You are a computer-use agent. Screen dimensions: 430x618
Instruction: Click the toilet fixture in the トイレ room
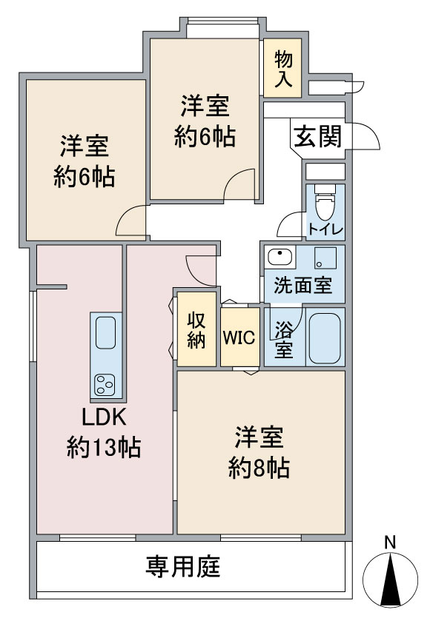click(x=325, y=202)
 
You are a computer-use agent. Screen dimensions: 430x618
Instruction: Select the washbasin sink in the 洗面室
click(x=280, y=257)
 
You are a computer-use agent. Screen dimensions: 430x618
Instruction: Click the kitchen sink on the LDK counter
click(x=105, y=332)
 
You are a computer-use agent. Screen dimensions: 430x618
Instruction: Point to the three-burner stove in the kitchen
click(x=105, y=385)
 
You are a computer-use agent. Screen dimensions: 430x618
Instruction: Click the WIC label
click(x=239, y=337)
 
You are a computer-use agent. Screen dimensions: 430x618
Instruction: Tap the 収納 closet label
click(x=196, y=330)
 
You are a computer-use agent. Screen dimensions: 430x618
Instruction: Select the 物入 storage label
click(x=283, y=69)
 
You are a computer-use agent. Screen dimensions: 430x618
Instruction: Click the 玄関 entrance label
click(x=317, y=136)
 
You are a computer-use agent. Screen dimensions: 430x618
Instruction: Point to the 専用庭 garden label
click(x=183, y=566)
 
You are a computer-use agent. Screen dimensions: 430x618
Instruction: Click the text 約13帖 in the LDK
click(x=104, y=447)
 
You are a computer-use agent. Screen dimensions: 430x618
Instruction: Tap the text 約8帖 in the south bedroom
click(x=259, y=468)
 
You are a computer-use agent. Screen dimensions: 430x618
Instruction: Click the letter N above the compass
click(x=390, y=543)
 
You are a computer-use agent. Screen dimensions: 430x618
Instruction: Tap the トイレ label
click(x=325, y=229)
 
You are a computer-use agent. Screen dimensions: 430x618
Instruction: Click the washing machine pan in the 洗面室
click(x=325, y=258)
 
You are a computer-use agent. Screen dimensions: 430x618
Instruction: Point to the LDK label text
click(x=104, y=417)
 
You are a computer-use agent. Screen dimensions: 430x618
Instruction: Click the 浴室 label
click(x=284, y=339)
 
